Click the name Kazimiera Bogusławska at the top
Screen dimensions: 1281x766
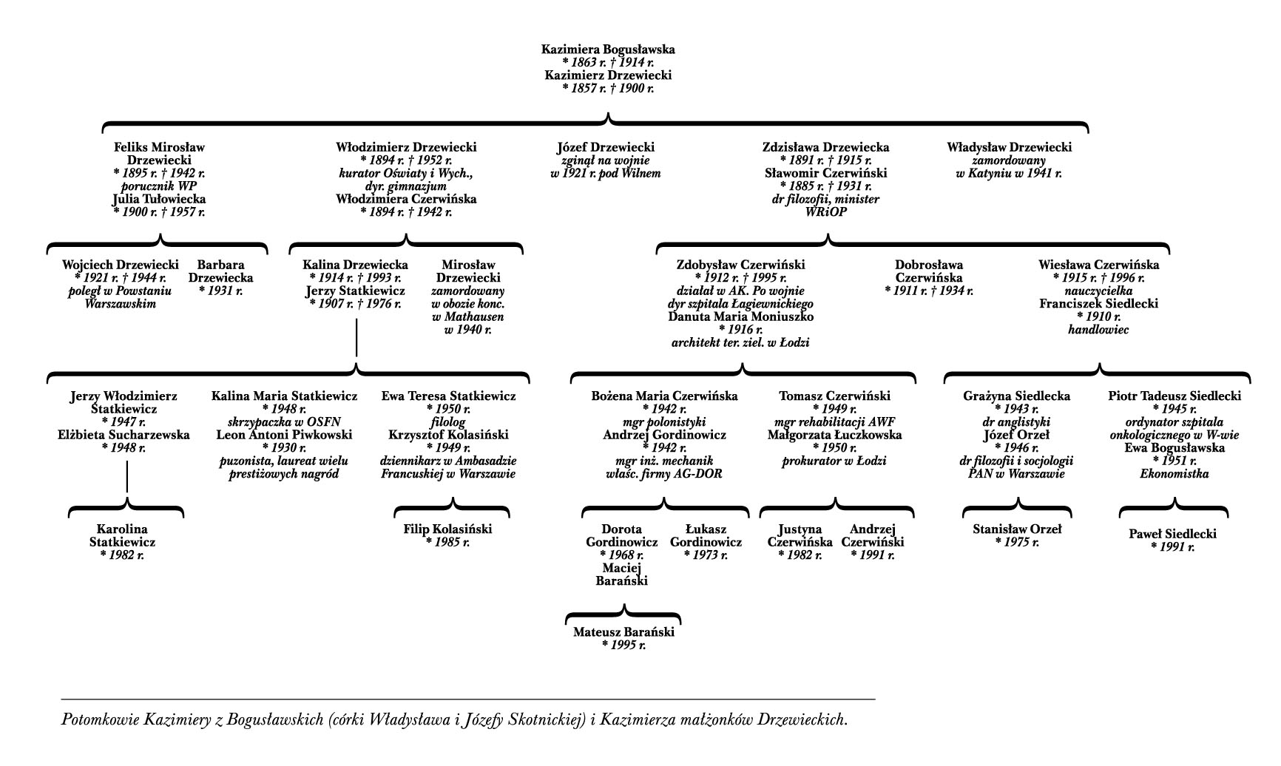608,50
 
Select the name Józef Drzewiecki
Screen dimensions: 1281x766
606,147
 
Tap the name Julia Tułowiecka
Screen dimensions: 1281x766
159,199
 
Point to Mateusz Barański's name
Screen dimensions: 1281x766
624,632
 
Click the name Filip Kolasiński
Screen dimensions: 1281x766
447,529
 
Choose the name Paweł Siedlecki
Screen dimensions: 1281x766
1172,534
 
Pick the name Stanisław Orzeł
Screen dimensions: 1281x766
1017,529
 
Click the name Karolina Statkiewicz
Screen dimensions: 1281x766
122,535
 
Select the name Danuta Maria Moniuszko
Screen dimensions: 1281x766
740,316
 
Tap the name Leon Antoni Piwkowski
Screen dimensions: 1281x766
284,435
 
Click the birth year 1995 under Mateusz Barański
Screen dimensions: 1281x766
624,645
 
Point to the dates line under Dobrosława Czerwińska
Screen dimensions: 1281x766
929,291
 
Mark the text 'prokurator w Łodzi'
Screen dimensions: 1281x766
834,461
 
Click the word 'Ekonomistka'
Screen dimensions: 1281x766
1174,474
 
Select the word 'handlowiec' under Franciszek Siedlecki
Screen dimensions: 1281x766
1098,330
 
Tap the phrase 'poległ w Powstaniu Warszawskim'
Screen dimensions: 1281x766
121,297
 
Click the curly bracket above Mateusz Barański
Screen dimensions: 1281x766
623,614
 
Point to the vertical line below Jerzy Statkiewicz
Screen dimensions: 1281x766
356,337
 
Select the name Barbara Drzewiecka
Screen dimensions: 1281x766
220,271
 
